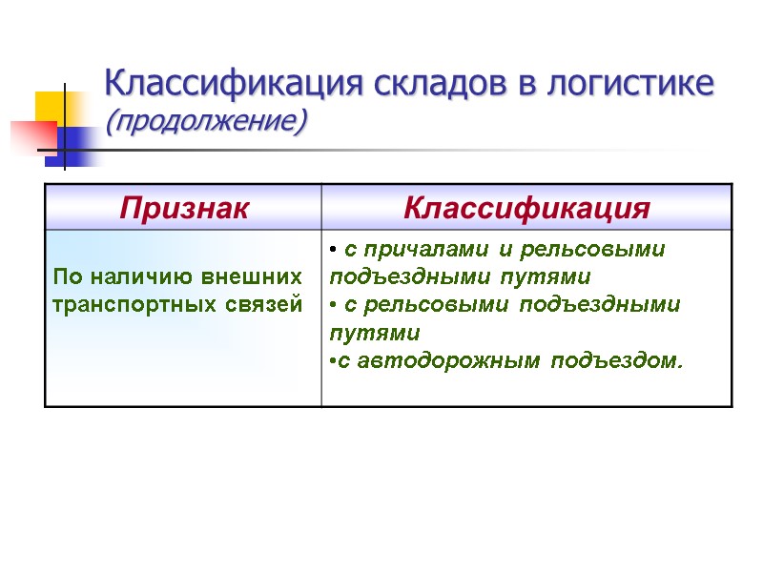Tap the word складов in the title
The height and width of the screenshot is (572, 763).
pyautogui.click(x=431, y=84)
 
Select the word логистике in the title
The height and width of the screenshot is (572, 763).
pyautogui.click(x=630, y=84)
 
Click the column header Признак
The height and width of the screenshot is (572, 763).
pyautogui.click(x=183, y=208)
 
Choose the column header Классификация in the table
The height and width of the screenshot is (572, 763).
pyautogui.click(x=526, y=208)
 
